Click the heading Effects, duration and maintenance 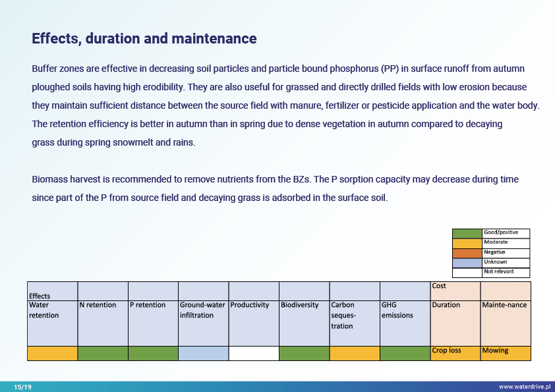tap(144, 39)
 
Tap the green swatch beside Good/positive tap(467, 233)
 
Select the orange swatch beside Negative tap(467, 252)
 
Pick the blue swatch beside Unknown tap(467, 262)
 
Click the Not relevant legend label tap(499, 271)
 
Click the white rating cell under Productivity tap(254, 353)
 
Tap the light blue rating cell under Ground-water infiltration tap(203, 353)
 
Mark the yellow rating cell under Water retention tap(52, 353)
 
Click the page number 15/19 tap(22, 387)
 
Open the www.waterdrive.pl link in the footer tap(524, 387)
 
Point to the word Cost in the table tap(439, 286)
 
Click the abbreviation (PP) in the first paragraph tap(390, 69)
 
